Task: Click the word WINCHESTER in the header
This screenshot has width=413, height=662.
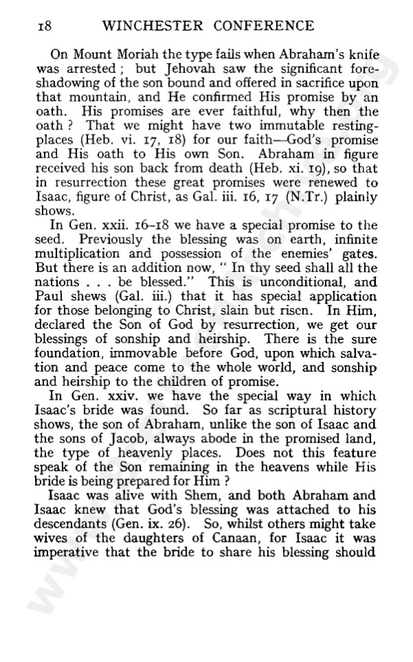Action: pos(140,27)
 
